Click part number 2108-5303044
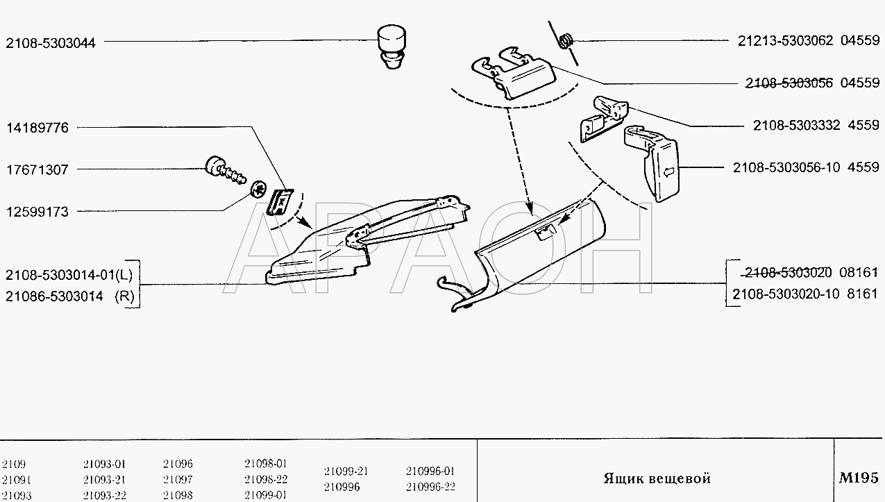point(51,42)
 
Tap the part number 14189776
point(37,128)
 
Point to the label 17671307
point(37,169)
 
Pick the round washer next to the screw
point(259,189)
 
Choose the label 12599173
point(37,212)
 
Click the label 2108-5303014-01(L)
point(69,275)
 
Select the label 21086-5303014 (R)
point(70,296)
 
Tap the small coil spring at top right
point(566,41)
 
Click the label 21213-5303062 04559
point(809,40)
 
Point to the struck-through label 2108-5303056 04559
point(812,83)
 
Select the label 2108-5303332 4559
point(816,125)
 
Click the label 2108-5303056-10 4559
point(806,167)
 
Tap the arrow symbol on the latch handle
point(669,172)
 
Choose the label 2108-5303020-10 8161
point(805,294)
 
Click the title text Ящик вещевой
point(657,478)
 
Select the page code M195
point(859,478)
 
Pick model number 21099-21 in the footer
point(346,471)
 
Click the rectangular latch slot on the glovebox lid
point(545,233)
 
